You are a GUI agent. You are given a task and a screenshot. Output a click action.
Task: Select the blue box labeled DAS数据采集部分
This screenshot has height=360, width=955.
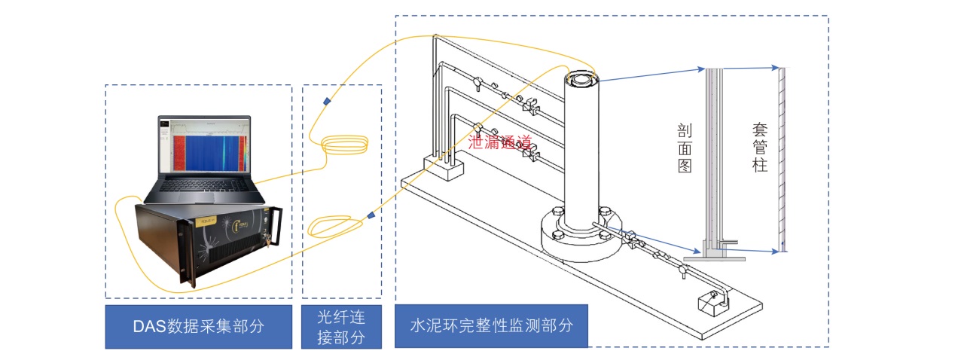coord(198,326)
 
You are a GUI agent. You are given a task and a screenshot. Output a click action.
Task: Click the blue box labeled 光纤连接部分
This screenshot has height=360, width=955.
coord(341,326)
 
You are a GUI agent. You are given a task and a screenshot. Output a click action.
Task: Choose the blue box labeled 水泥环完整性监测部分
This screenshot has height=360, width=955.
coord(490,326)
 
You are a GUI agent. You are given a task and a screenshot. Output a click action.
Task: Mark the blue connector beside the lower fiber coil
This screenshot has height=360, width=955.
coord(371,217)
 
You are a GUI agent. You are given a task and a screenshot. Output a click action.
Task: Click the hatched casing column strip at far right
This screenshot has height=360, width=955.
coord(783,158)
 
